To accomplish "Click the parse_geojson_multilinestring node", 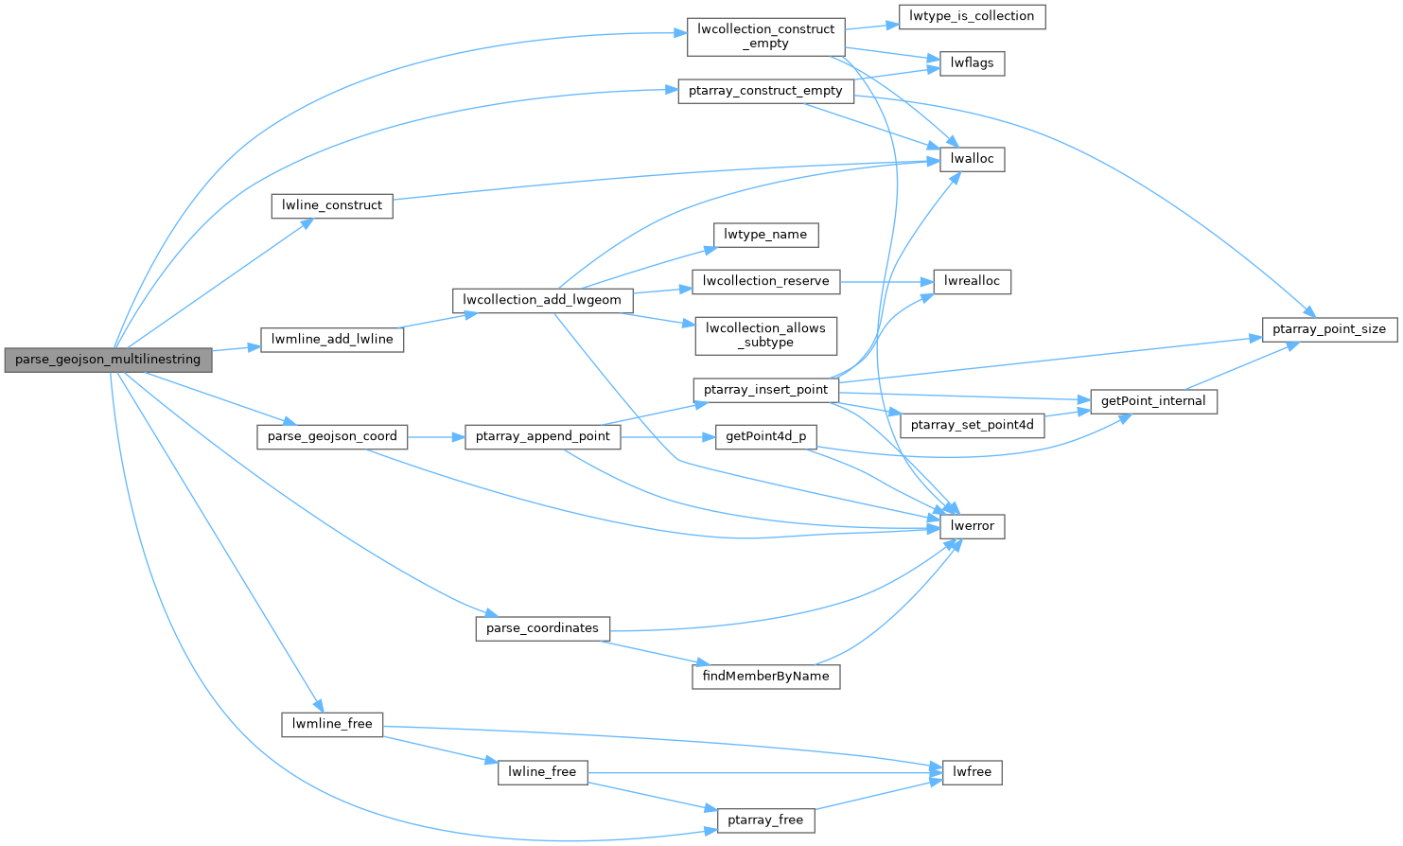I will pos(108,360).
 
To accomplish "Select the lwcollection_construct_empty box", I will pos(765,36).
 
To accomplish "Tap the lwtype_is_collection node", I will pos(972,16).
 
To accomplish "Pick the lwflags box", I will pos(972,63).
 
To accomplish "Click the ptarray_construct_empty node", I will pos(765,91).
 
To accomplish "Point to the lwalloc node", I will pos(972,159).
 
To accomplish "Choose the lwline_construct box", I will pos(332,205).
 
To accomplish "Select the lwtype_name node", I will pos(765,235).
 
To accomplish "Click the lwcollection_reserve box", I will pos(765,281).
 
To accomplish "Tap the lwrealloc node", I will pos(972,281).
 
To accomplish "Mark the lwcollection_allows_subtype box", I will pos(765,335).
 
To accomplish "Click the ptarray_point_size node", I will pos(1328,329).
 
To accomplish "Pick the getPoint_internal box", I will pos(1153,401).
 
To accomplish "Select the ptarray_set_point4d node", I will pos(972,425).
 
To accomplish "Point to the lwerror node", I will pos(972,526).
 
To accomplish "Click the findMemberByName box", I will pos(765,676).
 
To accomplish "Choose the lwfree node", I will pos(972,772).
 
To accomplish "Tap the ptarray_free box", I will pos(765,820).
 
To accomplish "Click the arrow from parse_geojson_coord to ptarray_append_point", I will pos(436,437).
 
